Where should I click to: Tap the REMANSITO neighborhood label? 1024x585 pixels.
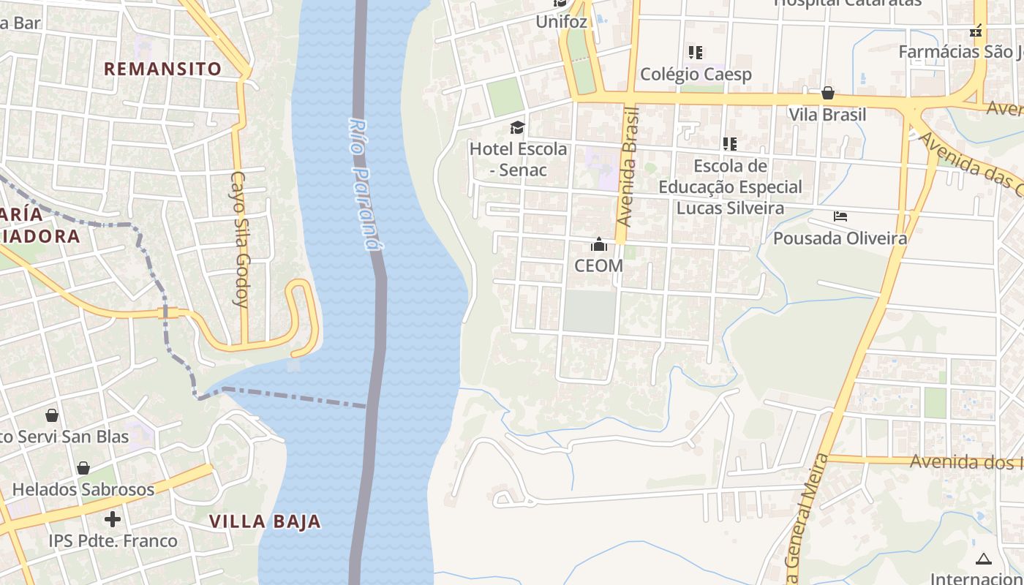click(162, 69)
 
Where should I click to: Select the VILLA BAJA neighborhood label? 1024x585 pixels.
click(265, 521)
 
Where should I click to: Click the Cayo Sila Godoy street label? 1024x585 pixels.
click(241, 238)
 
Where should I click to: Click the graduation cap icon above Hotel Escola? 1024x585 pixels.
click(518, 128)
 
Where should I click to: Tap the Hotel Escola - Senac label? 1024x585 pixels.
click(518, 159)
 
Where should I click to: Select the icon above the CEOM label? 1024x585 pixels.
click(599, 244)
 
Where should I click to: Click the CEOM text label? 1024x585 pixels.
click(598, 265)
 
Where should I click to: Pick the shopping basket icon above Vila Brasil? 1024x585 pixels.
click(828, 93)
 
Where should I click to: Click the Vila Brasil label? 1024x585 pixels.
click(827, 115)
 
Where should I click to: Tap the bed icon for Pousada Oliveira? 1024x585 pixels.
click(840, 216)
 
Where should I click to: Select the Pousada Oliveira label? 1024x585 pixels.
click(840, 238)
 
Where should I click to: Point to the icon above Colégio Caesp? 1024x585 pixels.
click(695, 52)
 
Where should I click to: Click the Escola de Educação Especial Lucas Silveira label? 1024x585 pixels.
click(730, 187)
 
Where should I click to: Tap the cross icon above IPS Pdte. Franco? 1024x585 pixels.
click(113, 519)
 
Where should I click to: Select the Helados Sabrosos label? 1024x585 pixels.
click(83, 489)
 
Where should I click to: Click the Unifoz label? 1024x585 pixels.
click(561, 21)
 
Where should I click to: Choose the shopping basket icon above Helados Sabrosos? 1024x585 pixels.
click(83, 468)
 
